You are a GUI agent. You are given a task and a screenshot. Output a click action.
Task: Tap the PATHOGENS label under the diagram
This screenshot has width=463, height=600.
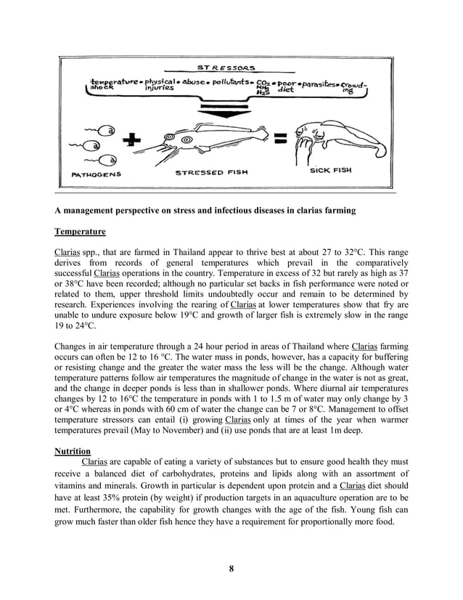pos(97,174)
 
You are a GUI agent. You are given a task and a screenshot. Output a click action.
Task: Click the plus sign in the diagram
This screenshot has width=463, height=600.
pos(132,142)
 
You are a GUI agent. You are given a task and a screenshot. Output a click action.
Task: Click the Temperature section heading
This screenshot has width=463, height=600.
pos(80,232)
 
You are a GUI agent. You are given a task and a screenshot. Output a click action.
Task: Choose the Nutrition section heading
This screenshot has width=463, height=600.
pos(73,450)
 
